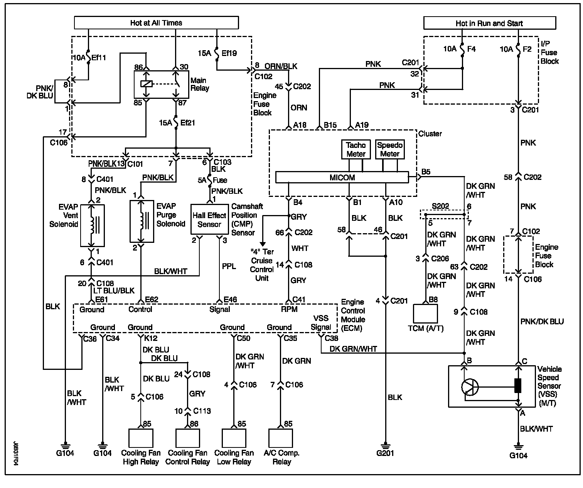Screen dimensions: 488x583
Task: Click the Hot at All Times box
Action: coord(156,23)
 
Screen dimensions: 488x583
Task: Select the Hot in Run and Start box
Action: coord(489,23)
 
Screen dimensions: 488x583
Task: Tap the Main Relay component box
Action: coord(161,84)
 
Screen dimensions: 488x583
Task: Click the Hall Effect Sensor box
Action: coord(209,220)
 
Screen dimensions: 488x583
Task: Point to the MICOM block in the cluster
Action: coord(342,178)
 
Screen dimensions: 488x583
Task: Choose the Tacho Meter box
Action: coord(356,149)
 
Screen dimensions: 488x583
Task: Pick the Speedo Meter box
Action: coord(390,149)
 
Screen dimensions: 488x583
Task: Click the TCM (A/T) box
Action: coord(425,313)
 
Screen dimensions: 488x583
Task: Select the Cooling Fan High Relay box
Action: coord(140,438)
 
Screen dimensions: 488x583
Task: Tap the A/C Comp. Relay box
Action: coord(281,438)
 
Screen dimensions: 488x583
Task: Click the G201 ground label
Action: coord(385,453)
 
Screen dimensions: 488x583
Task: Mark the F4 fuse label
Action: coord(471,49)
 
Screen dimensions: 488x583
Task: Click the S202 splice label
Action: coord(440,206)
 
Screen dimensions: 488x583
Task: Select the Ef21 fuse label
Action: coord(187,123)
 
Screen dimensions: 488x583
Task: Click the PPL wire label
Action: coord(229,266)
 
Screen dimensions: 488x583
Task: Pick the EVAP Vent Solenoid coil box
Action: coord(92,224)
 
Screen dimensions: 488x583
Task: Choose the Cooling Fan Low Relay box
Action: coord(234,438)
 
